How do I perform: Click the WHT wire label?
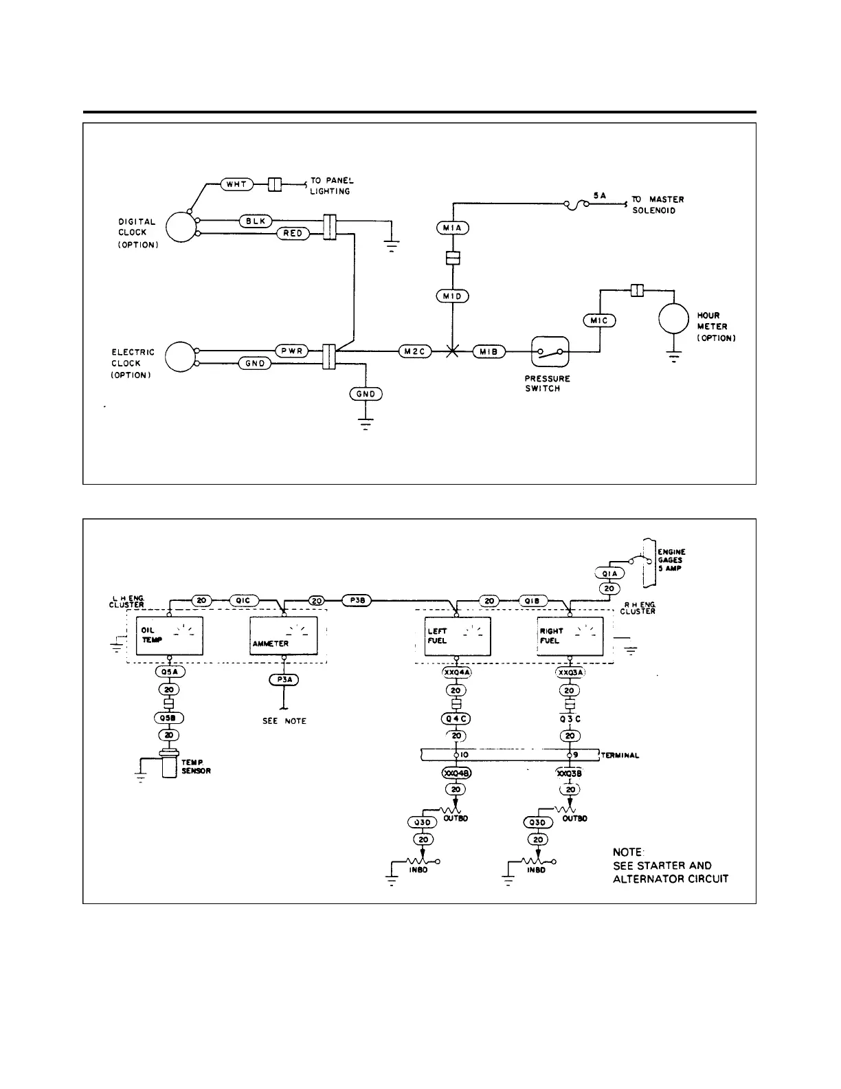pyautogui.click(x=237, y=184)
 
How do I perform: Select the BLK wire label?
pyautogui.click(x=256, y=221)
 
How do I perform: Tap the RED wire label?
pyautogui.click(x=293, y=234)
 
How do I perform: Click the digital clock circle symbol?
pyautogui.click(x=180, y=227)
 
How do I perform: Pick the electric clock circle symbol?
pyautogui.click(x=180, y=357)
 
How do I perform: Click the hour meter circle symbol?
pyautogui.click(x=673, y=318)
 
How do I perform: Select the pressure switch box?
pyautogui.click(x=550, y=352)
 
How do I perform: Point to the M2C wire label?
pyautogui.click(x=414, y=352)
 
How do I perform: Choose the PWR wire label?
pyautogui.click(x=293, y=351)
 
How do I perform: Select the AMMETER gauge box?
pyautogui.click(x=283, y=635)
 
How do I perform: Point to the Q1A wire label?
pyautogui.click(x=609, y=573)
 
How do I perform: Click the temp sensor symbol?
pyautogui.click(x=169, y=764)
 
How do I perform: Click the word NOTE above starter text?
pyautogui.click(x=627, y=852)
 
